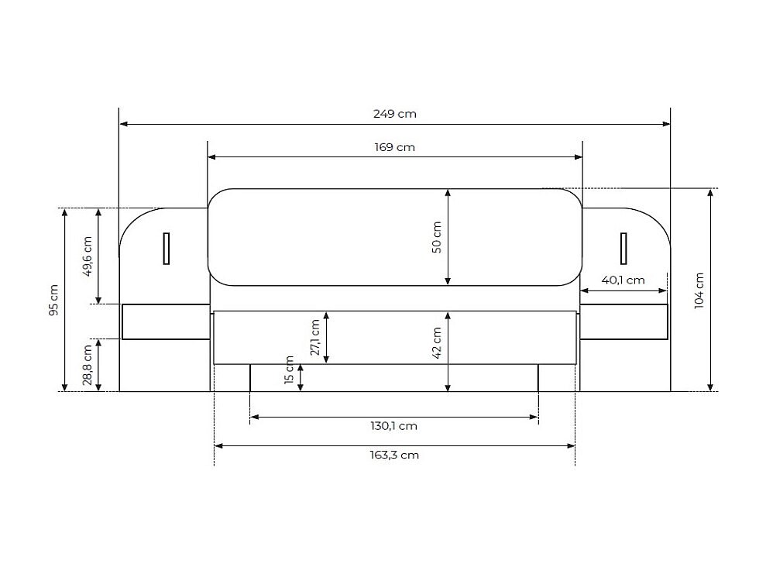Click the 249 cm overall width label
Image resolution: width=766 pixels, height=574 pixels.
coord(395,114)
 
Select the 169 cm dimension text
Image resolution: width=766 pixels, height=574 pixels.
coord(395,147)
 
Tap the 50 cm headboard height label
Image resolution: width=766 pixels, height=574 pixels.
coord(437,237)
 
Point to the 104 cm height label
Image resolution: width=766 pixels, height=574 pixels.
coord(699,290)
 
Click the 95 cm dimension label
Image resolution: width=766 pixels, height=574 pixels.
coord(53,300)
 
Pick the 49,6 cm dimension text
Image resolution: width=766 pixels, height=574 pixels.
coord(88,256)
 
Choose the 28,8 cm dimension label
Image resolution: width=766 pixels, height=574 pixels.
coord(88,365)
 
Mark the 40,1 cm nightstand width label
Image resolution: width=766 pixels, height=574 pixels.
coord(623,280)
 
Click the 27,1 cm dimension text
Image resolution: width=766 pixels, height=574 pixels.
coord(314,338)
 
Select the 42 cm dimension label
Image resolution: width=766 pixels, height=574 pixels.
coord(437,343)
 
